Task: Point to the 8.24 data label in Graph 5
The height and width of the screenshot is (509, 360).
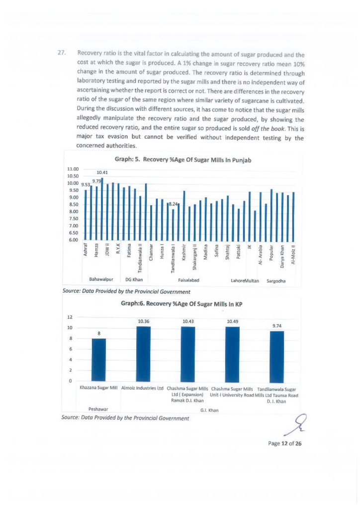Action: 173,204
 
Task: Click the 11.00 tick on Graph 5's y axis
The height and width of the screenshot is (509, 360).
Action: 73,169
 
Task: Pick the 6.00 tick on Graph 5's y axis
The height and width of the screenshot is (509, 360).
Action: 73,240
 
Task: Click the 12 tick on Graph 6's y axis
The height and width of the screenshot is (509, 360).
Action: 70,317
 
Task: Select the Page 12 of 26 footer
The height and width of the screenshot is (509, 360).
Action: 284,444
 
